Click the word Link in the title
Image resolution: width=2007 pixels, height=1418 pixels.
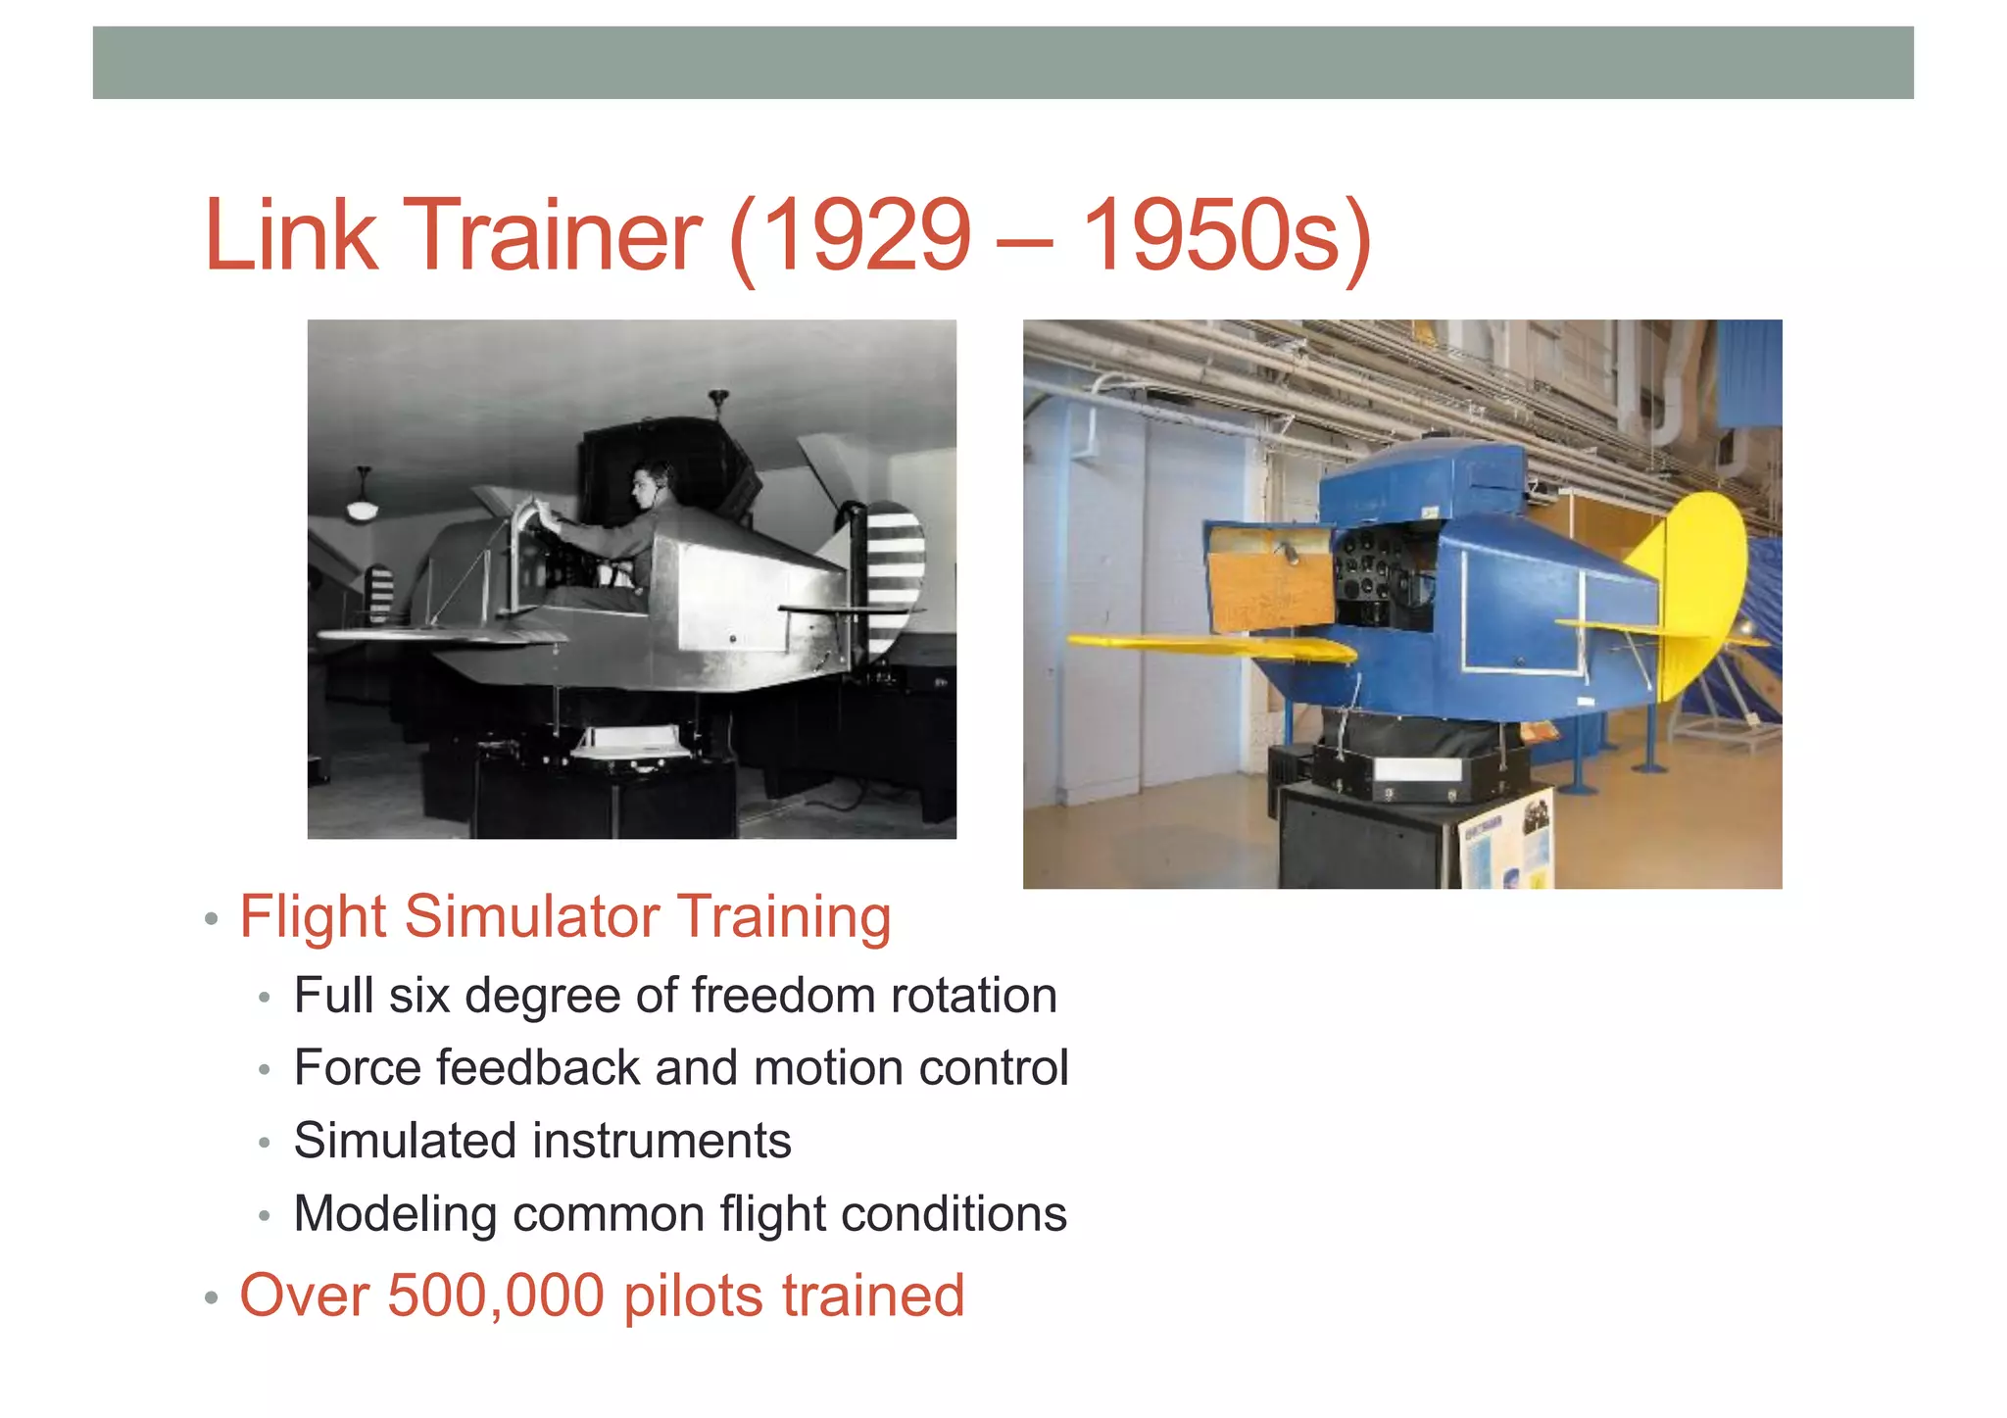[290, 236]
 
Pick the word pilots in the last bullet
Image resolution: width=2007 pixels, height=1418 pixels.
[693, 1296]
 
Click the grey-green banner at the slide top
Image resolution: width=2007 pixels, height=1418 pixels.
[1003, 63]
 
